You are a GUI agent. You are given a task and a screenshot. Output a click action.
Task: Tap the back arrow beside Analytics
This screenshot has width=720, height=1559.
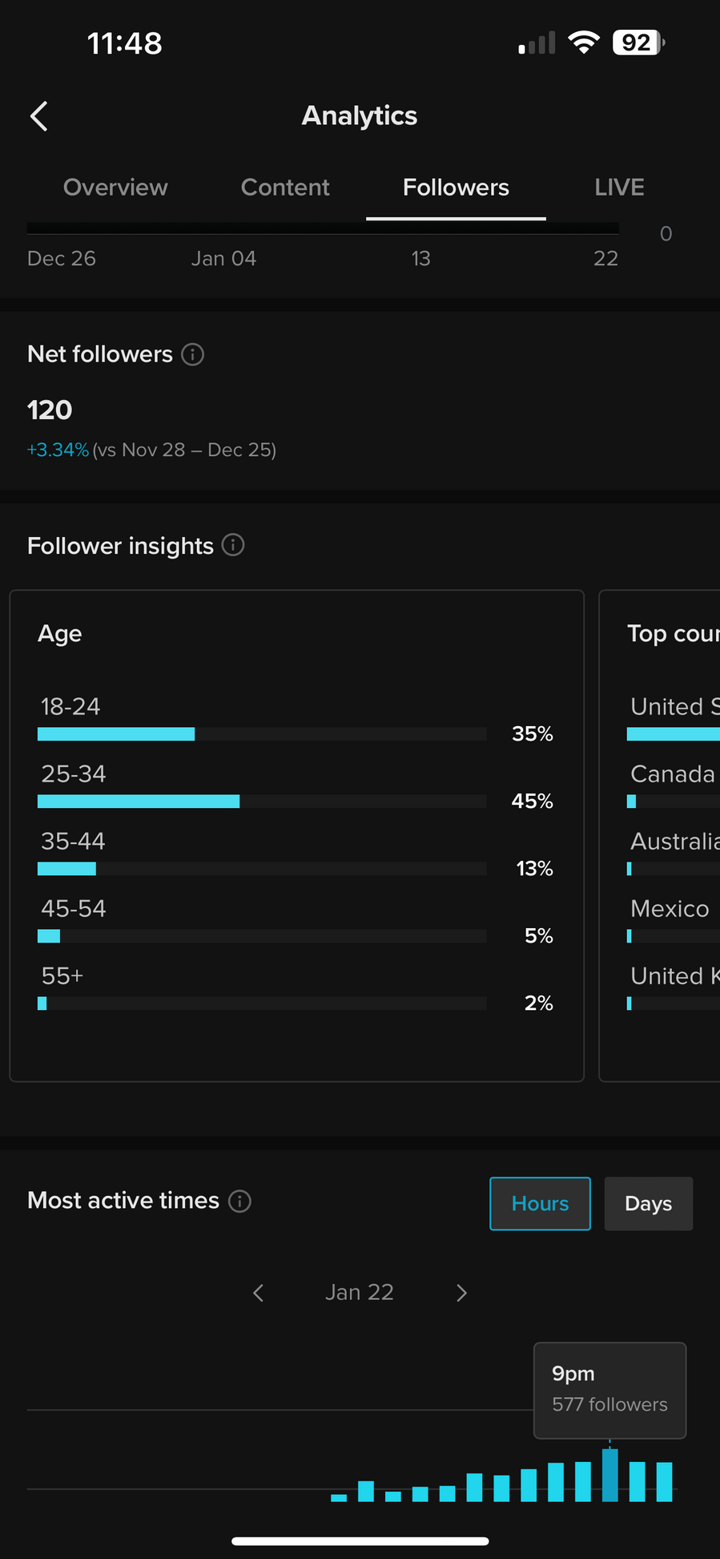[x=39, y=116]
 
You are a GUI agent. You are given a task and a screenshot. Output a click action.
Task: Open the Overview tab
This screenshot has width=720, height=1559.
[x=115, y=188]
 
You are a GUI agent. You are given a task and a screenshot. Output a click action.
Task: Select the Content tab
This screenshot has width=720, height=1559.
[x=285, y=188]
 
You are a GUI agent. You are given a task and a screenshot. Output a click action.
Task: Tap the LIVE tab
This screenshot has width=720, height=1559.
[x=619, y=188]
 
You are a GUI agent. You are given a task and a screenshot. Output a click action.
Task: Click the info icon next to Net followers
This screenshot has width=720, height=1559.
[x=193, y=354]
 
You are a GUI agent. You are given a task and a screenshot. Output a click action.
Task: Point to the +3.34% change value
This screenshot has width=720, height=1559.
[x=58, y=450]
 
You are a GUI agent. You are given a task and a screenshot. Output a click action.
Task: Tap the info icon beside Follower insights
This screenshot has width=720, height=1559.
[x=233, y=546]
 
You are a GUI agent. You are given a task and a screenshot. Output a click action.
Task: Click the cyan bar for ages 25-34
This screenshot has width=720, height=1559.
[x=139, y=802]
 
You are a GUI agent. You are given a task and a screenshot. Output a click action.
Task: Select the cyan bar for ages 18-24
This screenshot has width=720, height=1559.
[x=116, y=734]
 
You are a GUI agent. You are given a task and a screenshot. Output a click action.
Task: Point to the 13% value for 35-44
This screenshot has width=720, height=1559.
[x=534, y=869]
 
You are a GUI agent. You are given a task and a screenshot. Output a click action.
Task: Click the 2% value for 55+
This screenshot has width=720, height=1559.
[x=538, y=1004]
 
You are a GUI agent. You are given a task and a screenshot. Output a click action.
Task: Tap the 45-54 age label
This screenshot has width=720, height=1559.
[x=74, y=909]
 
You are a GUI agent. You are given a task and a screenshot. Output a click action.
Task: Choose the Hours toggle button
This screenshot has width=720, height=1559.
[x=540, y=1204]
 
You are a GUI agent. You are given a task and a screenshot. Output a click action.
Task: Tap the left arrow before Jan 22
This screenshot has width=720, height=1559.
[x=258, y=1293]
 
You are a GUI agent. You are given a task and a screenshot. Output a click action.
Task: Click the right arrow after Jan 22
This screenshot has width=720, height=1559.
[x=461, y=1293]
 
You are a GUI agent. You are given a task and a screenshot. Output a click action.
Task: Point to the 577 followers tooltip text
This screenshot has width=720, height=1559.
[x=609, y=1405]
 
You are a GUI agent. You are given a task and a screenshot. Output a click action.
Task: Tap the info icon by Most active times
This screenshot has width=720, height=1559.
[x=240, y=1202]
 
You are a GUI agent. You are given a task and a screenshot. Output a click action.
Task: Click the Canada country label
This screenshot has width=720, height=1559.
[x=673, y=774]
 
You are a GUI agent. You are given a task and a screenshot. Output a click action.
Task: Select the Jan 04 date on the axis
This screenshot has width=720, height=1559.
[x=223, y=259]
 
